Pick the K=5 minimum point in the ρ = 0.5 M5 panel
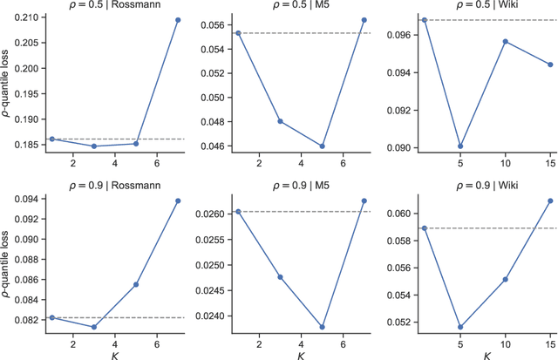[321, 146]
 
